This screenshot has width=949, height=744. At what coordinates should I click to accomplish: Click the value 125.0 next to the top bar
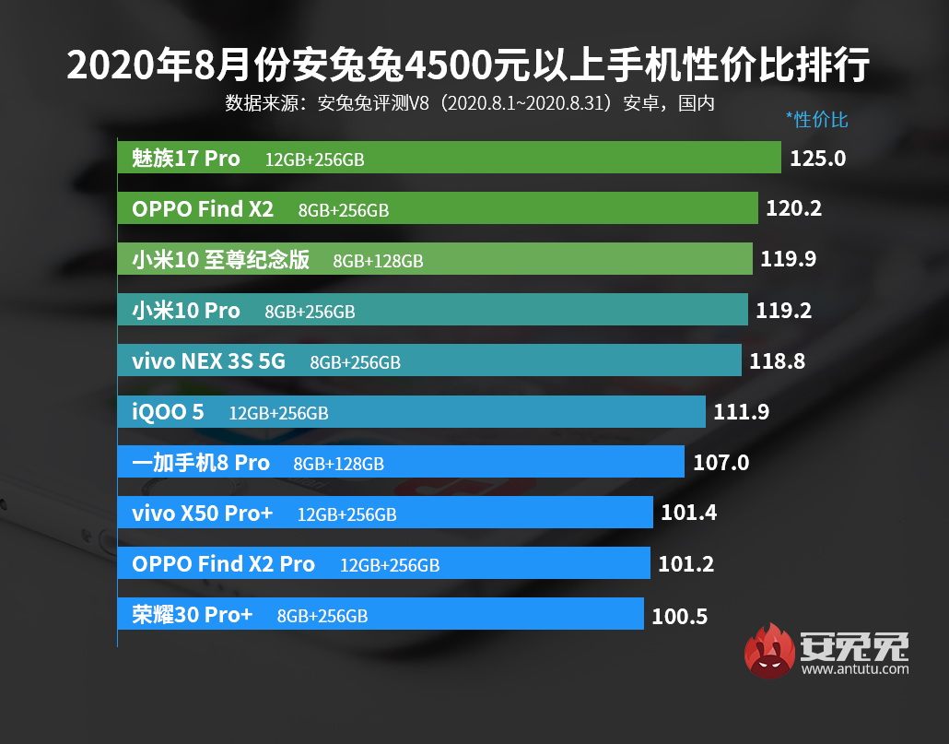817,159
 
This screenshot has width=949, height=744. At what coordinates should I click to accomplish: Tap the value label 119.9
788,260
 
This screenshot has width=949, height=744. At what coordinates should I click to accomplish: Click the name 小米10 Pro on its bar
185,311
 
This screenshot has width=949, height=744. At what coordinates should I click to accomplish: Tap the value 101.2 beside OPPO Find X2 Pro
686,563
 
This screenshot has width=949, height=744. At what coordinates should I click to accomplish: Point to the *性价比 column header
816,119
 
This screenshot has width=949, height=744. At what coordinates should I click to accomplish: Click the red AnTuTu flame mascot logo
771,651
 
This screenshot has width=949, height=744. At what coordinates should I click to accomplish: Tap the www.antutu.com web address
854,669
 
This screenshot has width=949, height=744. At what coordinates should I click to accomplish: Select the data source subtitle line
470,102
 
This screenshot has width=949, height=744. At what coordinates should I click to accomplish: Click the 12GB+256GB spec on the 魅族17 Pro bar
314,160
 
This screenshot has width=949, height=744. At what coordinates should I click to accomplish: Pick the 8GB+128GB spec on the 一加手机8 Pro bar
338,464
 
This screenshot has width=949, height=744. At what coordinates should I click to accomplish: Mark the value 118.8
777,361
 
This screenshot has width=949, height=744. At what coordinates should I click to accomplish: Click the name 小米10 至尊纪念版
220,260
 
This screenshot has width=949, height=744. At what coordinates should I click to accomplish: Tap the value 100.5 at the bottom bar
679,617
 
